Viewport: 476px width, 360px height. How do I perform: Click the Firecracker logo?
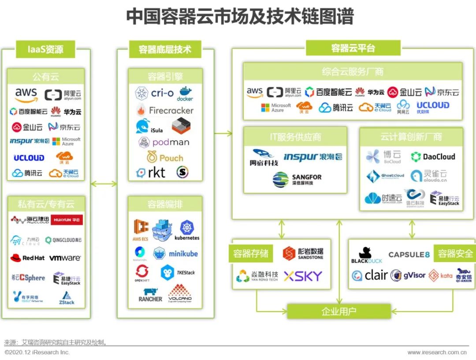tap(165, 110)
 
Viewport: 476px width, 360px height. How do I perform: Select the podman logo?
tap(164, 142)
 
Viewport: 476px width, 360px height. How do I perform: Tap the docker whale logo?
tap(185, 93)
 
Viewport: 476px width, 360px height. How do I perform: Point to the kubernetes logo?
tap(187, 231)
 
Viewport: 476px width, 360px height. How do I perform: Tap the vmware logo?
tap(65, 258)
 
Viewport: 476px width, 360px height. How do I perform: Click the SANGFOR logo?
tap(297, 180)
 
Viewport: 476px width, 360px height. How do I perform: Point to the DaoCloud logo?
tap(433, 157)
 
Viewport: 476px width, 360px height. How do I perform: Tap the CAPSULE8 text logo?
tap(409, 255)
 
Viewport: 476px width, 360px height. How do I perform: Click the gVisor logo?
tap(408, 275)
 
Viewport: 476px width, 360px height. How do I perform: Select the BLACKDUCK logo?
tap(367, 255)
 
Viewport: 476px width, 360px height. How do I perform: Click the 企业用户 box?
tap(338, 311)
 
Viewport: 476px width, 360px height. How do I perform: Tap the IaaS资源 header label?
tap(45, 49)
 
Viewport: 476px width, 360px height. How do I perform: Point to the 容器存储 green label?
tap(250, 253)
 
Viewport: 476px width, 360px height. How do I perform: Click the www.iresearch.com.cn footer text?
tap(437, 352)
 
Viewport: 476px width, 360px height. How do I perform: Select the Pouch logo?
tap(165, 157)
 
